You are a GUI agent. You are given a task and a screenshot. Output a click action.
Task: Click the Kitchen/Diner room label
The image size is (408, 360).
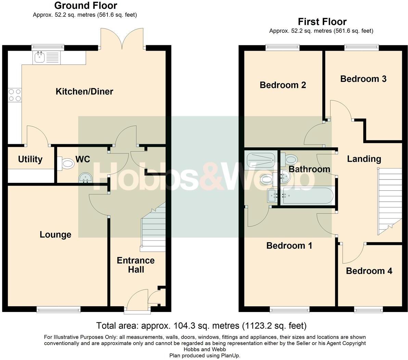pos(84,91)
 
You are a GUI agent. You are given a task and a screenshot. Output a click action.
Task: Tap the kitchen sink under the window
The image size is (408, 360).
pos(47,57)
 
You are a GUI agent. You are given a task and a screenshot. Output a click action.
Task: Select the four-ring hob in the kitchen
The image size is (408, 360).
pos(14,95)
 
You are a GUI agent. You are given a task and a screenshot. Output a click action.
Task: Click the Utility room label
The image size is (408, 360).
pos(30,159)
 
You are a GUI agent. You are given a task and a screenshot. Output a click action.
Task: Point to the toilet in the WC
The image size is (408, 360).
pos(66,163)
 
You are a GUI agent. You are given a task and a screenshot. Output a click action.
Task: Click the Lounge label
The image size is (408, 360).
pos(55,235)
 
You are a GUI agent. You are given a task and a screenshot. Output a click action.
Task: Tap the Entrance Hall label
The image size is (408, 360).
pos(136,265)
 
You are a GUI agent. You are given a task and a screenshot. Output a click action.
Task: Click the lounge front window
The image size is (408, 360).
pos(59,309)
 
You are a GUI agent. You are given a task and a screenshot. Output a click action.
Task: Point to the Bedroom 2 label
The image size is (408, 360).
pos(283,85)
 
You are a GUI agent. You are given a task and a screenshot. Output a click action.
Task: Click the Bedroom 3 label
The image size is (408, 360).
pos(363,79)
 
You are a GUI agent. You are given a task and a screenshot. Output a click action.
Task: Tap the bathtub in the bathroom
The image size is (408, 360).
pos(307,196)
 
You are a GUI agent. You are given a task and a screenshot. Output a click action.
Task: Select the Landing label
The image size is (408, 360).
pos(364,159)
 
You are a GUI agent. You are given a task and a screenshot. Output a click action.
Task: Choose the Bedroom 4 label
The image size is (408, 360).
pos(369,271)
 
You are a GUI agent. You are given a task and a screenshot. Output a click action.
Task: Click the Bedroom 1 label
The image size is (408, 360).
pos(289,246)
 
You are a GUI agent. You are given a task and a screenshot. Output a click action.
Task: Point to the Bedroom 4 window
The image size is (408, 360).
pos(368,310)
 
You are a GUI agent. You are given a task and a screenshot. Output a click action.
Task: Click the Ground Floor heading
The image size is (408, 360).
pos(86,5)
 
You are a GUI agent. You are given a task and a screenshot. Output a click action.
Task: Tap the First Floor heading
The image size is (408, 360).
pos(322,22)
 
